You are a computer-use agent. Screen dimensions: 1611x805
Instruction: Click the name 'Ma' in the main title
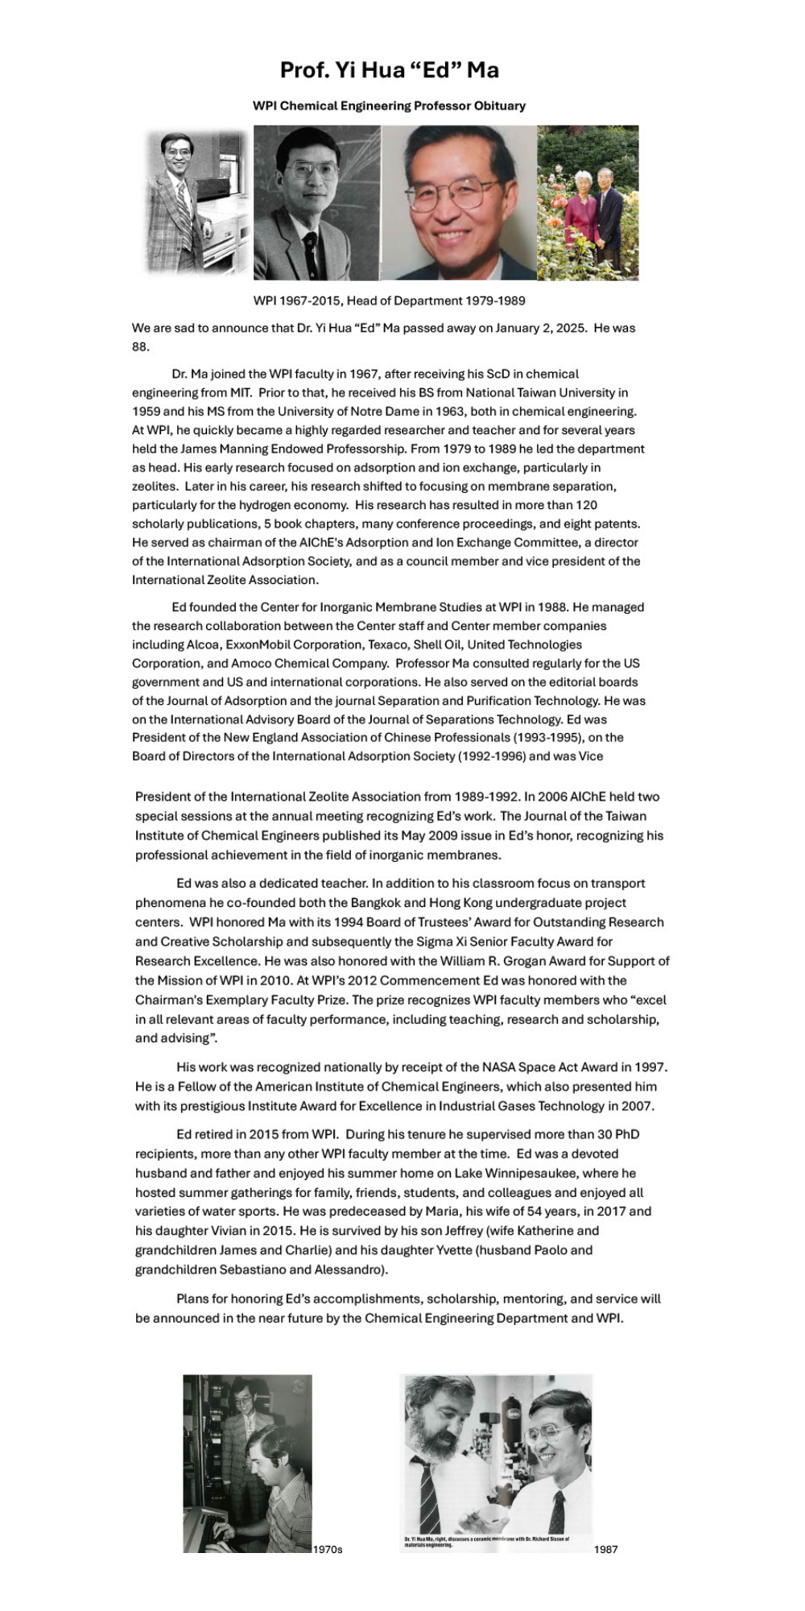(x=482, y=70)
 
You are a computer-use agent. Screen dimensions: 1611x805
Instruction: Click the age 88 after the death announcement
(x=141, y=346)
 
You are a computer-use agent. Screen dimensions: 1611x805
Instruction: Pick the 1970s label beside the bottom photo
(x=328, y=1550)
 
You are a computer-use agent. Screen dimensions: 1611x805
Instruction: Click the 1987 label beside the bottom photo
(x=606, y=1550)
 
